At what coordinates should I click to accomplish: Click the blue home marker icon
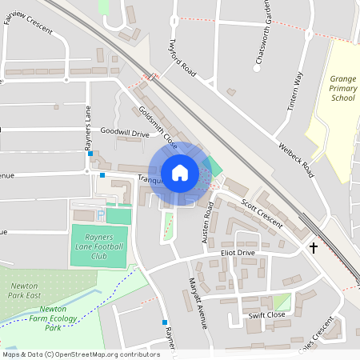[180, 173]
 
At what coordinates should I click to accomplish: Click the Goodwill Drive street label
[125, 133]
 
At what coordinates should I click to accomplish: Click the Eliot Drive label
[238, 253]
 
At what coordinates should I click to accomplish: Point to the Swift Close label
[266, 314]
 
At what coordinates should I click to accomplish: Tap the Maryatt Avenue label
[198, 304]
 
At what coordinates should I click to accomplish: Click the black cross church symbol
[313, 248]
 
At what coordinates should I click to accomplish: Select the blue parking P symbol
[100, 214]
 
